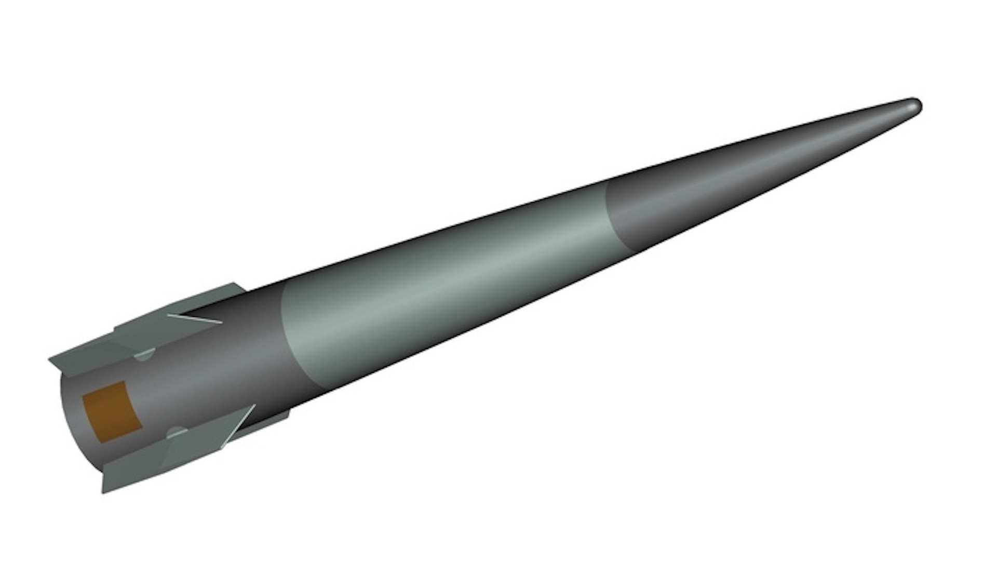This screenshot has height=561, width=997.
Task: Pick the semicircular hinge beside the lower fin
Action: coord(177,432)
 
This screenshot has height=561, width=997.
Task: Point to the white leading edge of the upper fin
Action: coord(195,318)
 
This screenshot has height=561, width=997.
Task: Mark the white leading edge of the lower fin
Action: coord(239,424)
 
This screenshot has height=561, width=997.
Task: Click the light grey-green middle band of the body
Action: coord(441,291)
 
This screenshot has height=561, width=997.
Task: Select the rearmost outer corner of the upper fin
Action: coord(50,359)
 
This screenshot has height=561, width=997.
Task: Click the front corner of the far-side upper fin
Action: coord(237,285)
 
